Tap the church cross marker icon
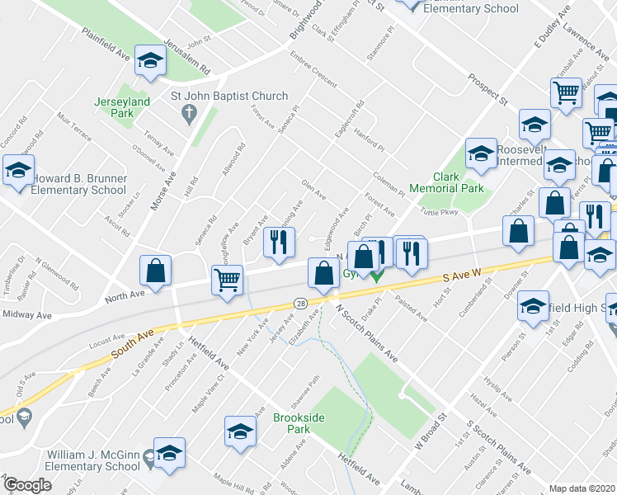(x=188, y=111)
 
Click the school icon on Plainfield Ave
(x=150, y=60)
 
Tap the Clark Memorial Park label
(x=458, y=182)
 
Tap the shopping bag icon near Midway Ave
(x=156, y=270)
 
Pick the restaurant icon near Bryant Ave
(x=279, y=242)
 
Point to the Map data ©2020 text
(x=582, y=488)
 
